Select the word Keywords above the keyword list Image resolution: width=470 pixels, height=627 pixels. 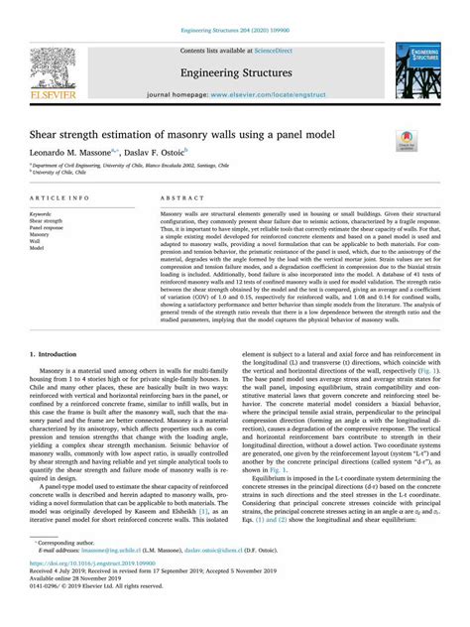pos(42,213)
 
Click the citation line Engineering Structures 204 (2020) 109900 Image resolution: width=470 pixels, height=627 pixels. pos(234,7)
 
